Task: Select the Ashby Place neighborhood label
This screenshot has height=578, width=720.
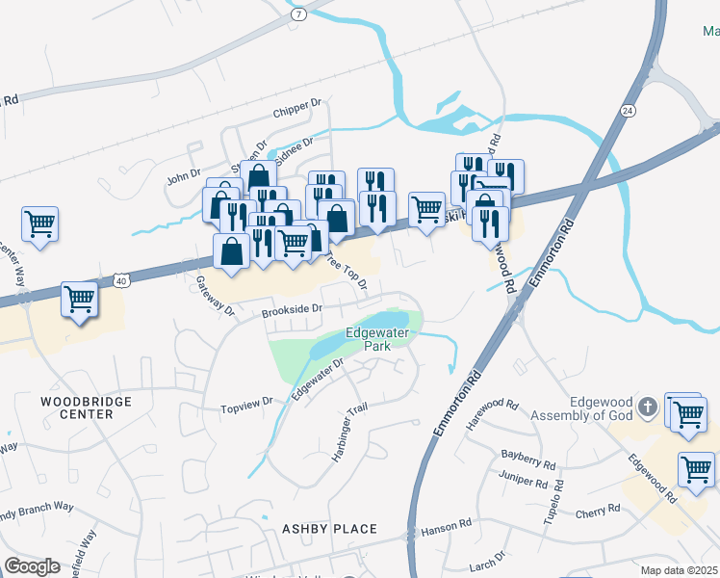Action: click(x=329, y=529)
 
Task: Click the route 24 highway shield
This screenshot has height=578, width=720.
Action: click(x=628, y=111)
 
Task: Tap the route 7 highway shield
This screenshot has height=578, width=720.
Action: click(x=299, y=14)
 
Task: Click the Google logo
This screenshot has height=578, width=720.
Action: click(x=32, y=566)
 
